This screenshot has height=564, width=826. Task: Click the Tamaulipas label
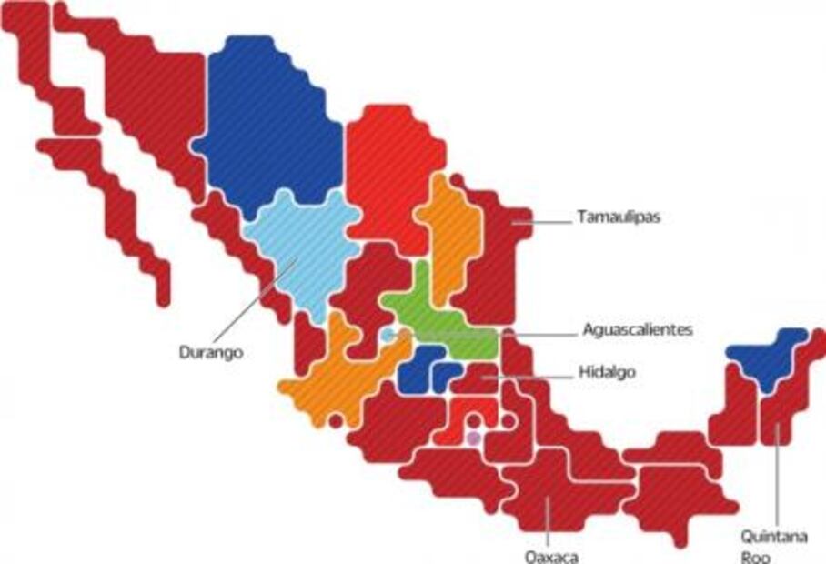click(x=618, y=218)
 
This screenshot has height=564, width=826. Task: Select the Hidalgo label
click(x=607, y=372)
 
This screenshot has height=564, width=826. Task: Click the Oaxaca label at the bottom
click(x=551, y=556)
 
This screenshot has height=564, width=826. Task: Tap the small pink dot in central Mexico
click(x=472, y=438)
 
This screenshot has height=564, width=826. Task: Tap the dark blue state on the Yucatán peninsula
click(x=769, y=355)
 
